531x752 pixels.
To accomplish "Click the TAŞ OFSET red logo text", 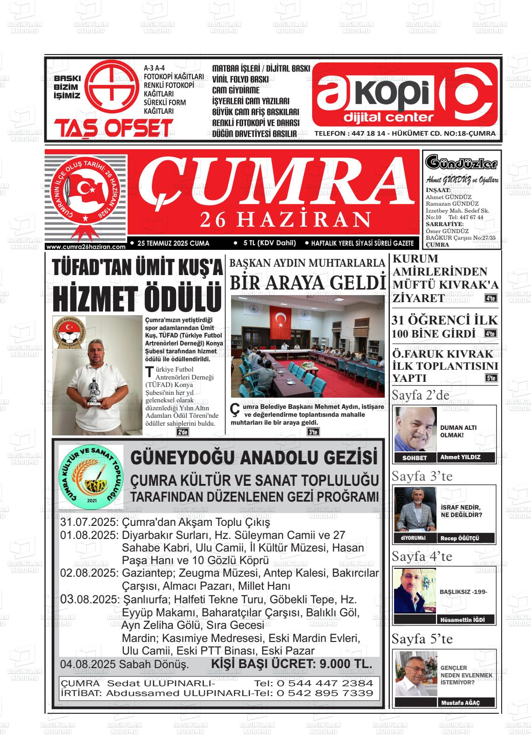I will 113,128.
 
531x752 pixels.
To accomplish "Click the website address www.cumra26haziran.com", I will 86,247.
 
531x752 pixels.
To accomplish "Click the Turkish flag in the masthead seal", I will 86,189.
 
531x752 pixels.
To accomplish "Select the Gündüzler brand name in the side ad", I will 461,163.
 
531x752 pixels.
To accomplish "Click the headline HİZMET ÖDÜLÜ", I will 136,298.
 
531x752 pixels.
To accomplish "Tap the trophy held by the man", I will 93,389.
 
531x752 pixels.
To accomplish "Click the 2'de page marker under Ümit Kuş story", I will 182,432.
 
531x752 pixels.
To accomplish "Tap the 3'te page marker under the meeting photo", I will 313,432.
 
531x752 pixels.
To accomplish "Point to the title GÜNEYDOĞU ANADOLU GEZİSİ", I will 254,458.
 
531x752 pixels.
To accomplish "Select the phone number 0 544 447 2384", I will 325,683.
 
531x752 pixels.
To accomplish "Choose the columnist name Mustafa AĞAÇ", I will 460,703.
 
